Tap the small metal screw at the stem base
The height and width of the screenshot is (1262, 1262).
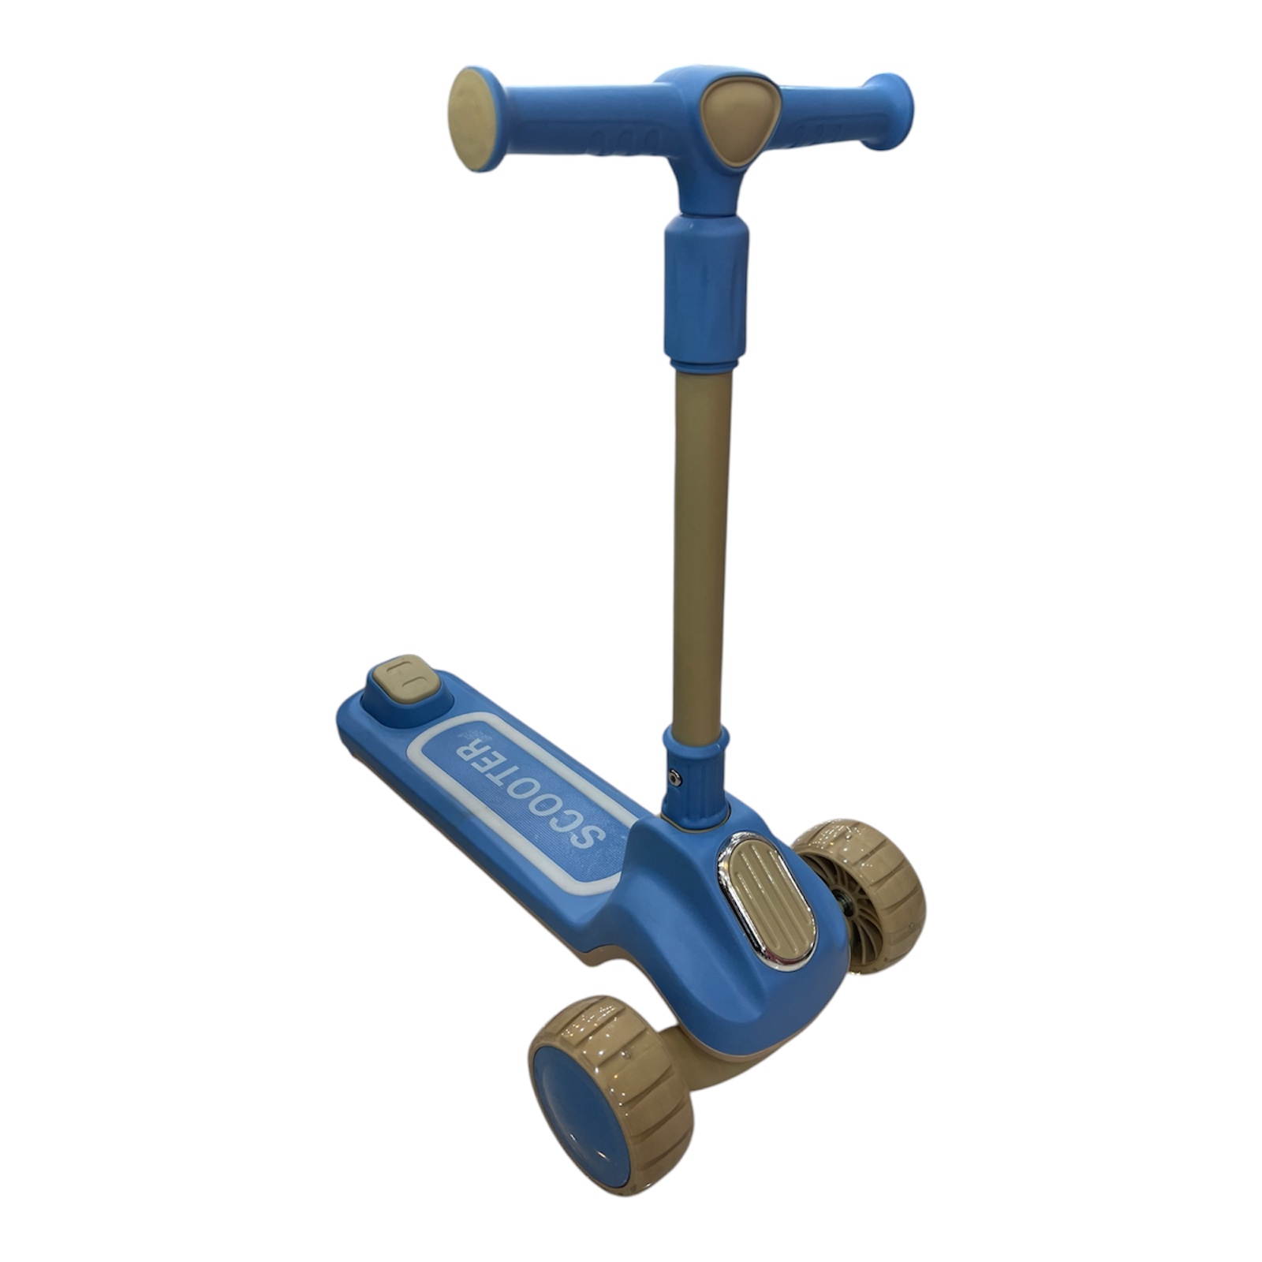click(x=674, y=776)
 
